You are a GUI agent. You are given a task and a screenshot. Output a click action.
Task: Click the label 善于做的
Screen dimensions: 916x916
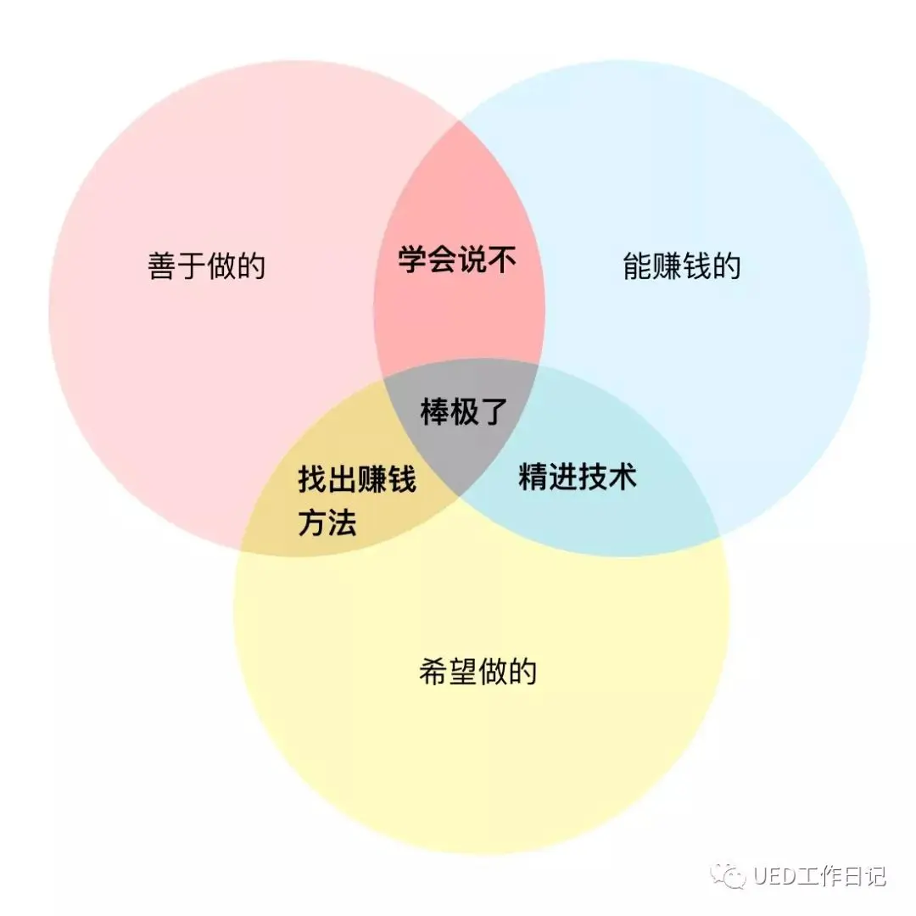click(206, 266)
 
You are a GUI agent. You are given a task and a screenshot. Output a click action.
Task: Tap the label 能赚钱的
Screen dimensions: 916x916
click(681, 266)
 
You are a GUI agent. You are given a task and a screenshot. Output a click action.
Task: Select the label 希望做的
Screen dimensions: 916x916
click(478, 673)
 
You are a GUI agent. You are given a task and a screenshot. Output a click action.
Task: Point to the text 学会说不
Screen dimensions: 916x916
click(457, 260)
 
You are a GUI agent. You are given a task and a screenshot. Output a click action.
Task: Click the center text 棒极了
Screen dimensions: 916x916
click(463, 412)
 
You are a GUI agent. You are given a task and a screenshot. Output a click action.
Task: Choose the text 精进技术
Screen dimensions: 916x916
click(577, 478)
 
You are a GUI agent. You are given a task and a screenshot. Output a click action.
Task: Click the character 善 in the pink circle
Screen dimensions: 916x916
click(162, 266)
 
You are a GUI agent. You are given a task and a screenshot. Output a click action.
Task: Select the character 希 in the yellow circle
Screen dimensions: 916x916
click(433, 673)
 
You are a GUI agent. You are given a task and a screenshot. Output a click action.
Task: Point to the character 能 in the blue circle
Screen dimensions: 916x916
click(637, 266)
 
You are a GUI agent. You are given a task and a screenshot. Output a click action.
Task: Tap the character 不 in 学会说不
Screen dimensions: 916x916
click(502, 260)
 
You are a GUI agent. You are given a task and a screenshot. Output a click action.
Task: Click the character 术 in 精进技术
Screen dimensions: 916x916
click(622, 478)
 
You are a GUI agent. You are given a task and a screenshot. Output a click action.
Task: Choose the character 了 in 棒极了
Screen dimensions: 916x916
click(493, 412)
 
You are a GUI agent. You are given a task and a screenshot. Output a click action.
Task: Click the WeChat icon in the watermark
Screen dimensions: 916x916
click(729, 874)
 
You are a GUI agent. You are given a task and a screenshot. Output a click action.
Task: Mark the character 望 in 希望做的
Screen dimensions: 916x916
click(463, 673)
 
